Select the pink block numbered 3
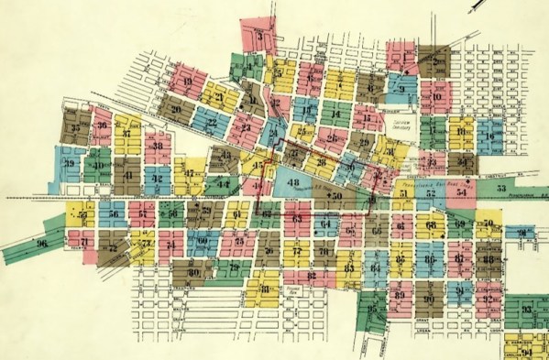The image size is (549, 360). pyautogui.click(x=262, y=38)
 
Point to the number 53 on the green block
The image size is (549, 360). pyautogui.click(x=501, y=187)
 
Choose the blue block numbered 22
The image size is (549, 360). pyautogui.click(x=211, y=121)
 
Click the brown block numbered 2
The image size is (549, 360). pyautogui.click(x=437, y=61)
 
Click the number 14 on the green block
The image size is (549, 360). pyautogui.click(x=335, y=115)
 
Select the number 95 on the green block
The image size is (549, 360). pyautogui.click(x=372, y=310)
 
